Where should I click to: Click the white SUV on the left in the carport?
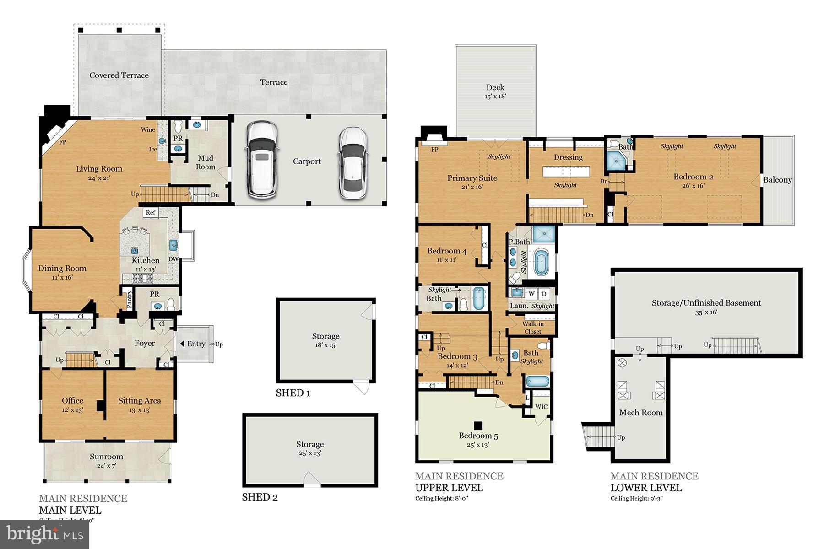(x=262, y=160)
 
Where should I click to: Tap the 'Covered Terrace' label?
(x=119, y=75)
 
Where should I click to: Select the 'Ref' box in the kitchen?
(x=151, y=212)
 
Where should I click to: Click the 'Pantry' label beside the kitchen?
(x=130, y=299)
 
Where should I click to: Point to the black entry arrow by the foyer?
(x=182, y=344)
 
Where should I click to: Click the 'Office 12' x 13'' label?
(x=72, y=405)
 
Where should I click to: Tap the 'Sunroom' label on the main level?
(x=106, y=457)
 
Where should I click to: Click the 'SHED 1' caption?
(x=293, y=393)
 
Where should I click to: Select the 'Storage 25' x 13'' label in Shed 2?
(x=310, y=448)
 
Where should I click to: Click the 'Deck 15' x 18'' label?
(x=495, y=91)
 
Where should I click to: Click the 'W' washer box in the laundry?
(x=531, y=294)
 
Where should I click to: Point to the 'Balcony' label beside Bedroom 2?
(x=777, y=180)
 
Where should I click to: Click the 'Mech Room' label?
(x=641, y=413)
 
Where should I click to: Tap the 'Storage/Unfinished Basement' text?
(x=706, y=303)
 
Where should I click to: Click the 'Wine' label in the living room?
(x=148, y=129)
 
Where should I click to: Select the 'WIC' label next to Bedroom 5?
(x=541, y=407)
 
